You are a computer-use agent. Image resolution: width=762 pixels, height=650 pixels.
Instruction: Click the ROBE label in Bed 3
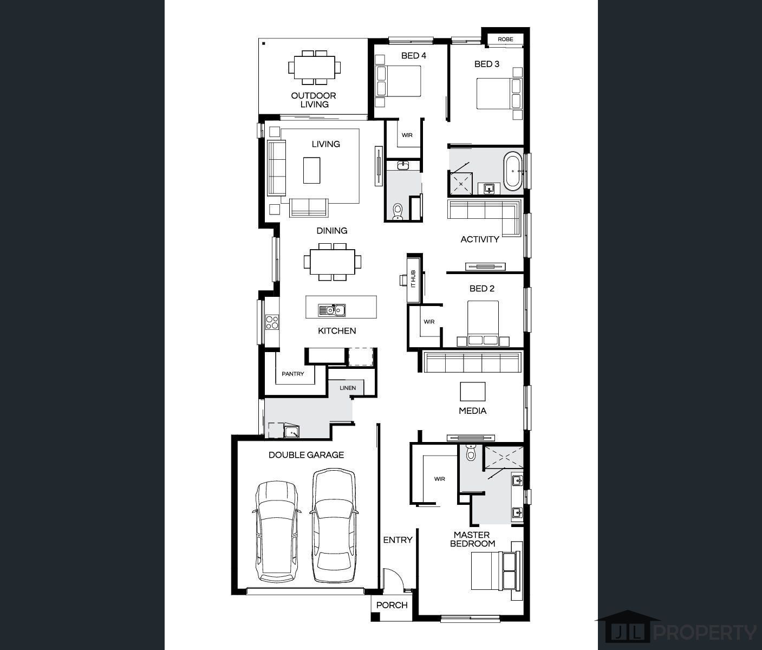pyautogui.click(x=505, y=39)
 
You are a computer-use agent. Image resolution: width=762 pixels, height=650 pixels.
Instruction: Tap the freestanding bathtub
pyautogui.click(x=513, y=171)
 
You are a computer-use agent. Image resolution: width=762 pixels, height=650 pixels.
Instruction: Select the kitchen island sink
pyautogui.click(x=332, y=310)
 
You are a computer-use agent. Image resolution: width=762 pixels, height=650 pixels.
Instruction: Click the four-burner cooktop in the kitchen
pyautogui.click(x=272, y=322)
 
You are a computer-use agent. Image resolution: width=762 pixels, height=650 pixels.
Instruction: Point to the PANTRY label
pyautogui.click(x=292, y=374)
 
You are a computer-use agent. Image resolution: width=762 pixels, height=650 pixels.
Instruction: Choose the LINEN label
pyautogui.click(x=348, y=388)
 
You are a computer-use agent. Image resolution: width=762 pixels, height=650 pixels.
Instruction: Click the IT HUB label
pyautogui.click(x=413, y=279)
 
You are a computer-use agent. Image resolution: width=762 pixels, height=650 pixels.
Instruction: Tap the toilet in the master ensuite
pyautogui.click(x=471, y=452)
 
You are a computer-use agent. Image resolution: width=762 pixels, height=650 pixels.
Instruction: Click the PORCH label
pyautogui.click(x=392, y=605)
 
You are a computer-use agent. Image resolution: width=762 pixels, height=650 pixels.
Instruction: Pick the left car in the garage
pyautogui.click(x=276, y=531)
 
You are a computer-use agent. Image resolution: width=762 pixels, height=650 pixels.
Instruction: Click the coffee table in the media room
pyautogui.click(x=473, y=392)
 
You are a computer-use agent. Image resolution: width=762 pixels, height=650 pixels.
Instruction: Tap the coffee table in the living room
pyautogui.click(x=311, y=170)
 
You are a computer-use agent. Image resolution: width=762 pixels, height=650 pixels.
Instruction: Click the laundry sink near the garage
pyautogui.click(x=291, y=431)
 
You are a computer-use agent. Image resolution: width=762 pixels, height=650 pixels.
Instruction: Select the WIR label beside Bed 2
pyautogui.click(x=429, y=322)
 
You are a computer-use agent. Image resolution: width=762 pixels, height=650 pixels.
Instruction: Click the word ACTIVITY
pyautogui.click(x=480, y=239)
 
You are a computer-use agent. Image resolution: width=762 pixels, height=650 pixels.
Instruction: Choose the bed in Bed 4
pyautogui.click(x=398, y=81)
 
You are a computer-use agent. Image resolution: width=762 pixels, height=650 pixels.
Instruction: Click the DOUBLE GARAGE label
pyautogui.click(x=306, y=455)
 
